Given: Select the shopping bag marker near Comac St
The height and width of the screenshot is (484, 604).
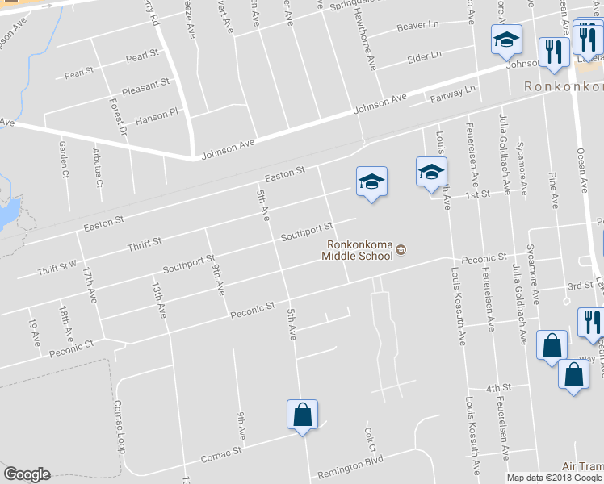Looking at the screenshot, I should pyautogui.click(x=302, y=415).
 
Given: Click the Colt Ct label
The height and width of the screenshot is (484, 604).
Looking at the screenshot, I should pyautogui.click(x=371, y=436).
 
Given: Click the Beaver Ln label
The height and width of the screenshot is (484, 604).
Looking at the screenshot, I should pyautogui.click(x=416, y=27).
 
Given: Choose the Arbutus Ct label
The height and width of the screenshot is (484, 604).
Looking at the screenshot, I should pyautogui.click(x=98, y=166).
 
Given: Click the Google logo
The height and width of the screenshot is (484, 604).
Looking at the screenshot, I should pyautogui.click(x=27, y=474).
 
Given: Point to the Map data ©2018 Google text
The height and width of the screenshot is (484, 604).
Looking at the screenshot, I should pyautogui.click(x=554, y=478).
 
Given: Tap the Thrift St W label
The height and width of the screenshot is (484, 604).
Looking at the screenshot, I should pyautogui.click(x=57, y=267).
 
